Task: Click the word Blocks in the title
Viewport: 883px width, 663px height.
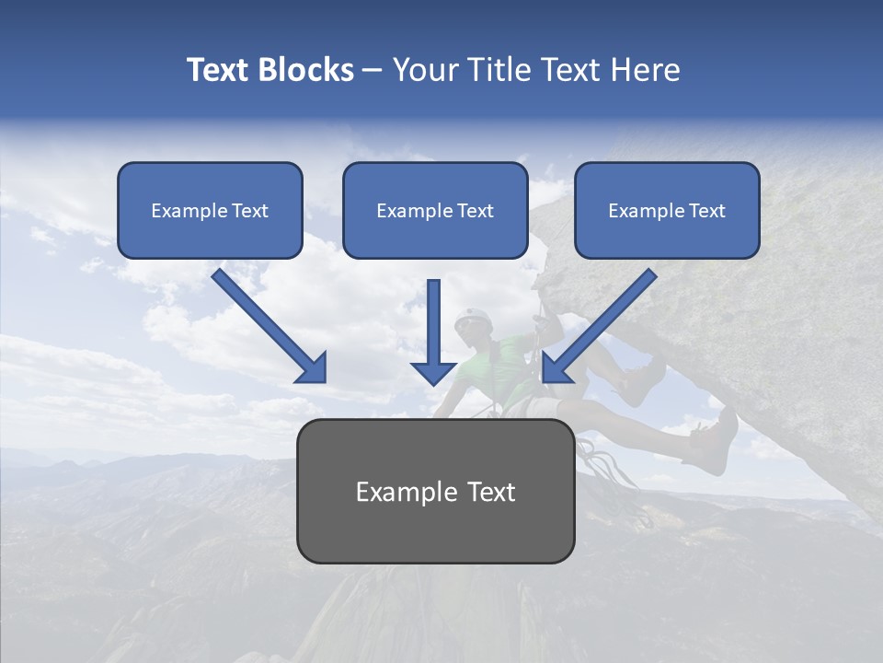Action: [x=307, y=70]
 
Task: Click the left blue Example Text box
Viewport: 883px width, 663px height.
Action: [x=210, y=211]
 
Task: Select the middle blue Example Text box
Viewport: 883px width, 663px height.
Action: [x=435, y=211]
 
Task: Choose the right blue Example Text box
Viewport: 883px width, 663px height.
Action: [x=667, y=211]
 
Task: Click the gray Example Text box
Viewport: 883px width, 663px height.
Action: [x=435, y=491]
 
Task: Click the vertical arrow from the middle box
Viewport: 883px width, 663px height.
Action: [x=433, y=331]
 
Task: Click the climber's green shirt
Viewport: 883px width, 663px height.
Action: [x=501, y=368]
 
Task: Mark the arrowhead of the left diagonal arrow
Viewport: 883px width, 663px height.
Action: [x=312, y=367]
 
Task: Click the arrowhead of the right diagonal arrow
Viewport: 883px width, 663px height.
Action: [x=556, y=367]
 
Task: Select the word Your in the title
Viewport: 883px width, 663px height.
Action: [x=426, y=70]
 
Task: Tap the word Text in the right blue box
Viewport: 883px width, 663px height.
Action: [x=706, y=211]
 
